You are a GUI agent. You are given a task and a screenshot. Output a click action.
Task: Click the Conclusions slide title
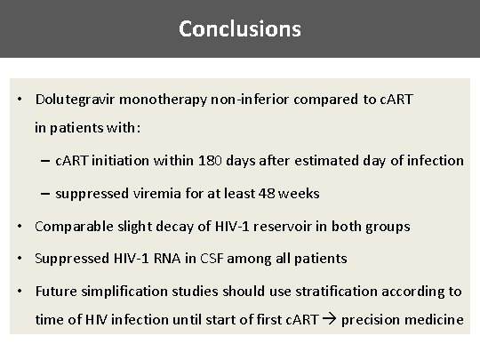[240, 28]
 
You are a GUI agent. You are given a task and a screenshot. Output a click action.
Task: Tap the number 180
[234, 160]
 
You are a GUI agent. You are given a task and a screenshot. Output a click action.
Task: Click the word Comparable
[72, 226]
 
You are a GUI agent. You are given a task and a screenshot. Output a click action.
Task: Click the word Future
[56, 291]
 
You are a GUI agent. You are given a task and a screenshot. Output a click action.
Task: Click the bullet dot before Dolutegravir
[20, 99]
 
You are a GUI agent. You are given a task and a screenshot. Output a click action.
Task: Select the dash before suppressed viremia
[44, 193]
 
